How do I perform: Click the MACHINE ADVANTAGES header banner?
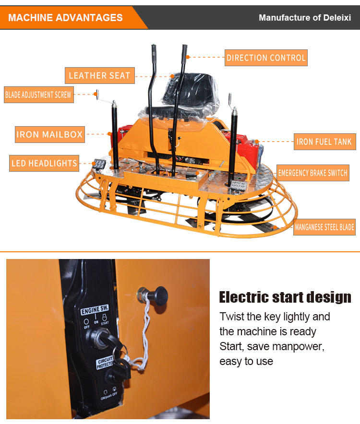click(x=66, y=18)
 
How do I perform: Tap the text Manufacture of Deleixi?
click(x=305, y=18)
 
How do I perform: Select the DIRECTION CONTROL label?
click(x=266, y=58)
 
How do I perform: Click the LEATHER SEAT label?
click(x=99, y=75)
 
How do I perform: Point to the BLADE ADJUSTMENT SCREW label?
click(x=38, y=94)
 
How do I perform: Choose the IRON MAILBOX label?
click(x=49, y=134)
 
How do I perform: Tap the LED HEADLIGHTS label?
click(x=44, y=163)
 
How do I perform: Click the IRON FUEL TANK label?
click(x=324, y=141)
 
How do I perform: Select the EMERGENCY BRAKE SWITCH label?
click(x=312, y=173)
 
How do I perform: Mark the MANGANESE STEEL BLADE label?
click(x=324, y=227)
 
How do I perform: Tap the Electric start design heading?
click(x=285, y=297)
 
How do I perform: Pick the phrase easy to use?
click(x=246, y=361)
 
